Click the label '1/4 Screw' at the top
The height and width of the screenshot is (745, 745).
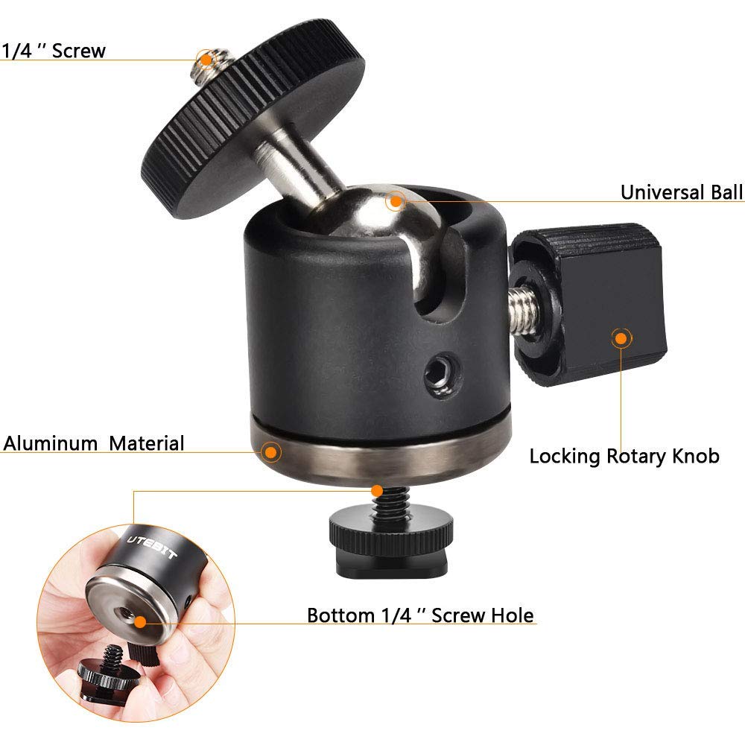tap(54, 51)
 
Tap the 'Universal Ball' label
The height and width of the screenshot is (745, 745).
tap(682, 192)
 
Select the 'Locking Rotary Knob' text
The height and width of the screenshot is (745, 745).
tap(624, 456)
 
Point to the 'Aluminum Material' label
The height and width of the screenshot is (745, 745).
tap(94, 443)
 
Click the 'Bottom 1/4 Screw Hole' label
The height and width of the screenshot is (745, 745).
tap(420, 615)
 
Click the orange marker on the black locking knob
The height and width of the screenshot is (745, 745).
tap(619, 337)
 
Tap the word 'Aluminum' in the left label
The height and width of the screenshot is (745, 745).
tap(51, 443)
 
